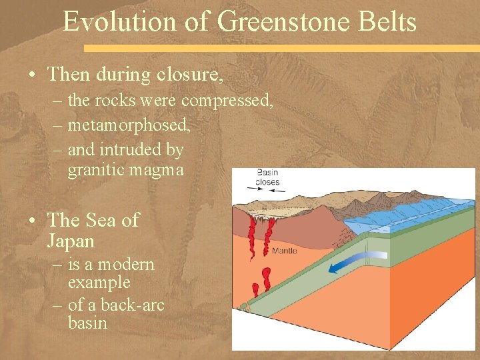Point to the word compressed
[x=227, y=101]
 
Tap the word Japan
[x=71, y=240]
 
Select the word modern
[x=126, y=265]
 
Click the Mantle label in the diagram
[x=285, y=251]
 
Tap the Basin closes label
[x=267, y=177]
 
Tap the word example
[x=99, y=282]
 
